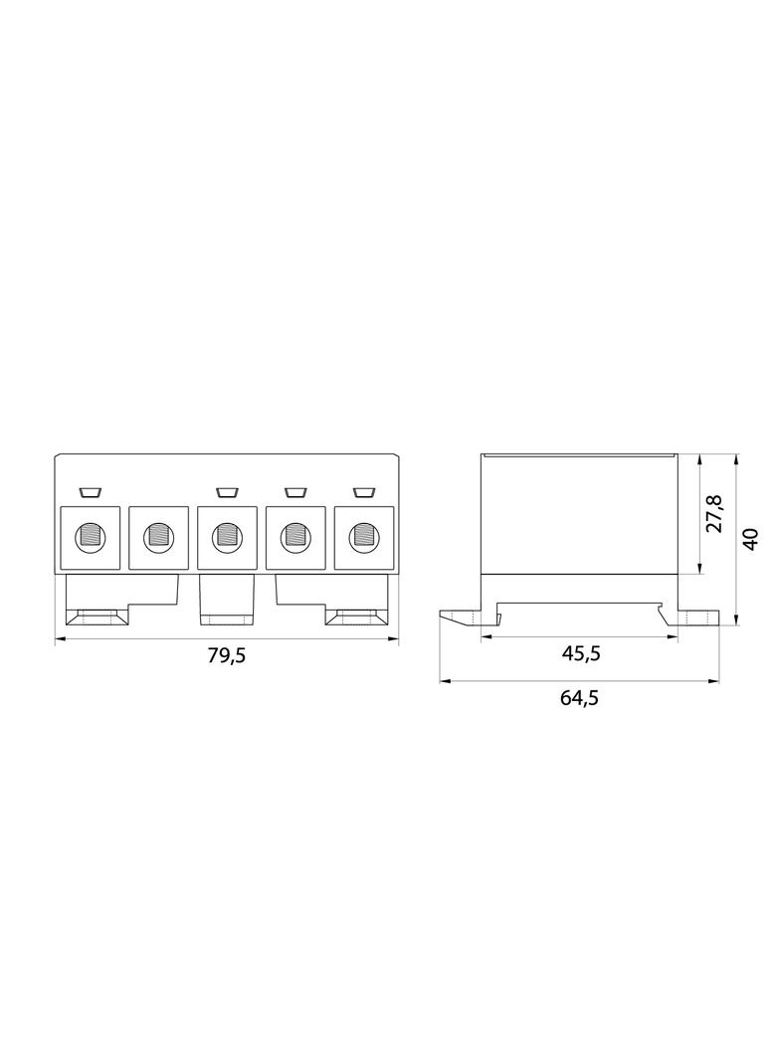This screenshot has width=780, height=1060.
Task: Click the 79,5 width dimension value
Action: (x=226, y=655)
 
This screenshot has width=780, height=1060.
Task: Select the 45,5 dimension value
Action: (x=580, y=653)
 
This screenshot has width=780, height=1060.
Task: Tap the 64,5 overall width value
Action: (x=578, y=697)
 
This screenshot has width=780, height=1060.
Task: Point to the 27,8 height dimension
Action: (x=715, y=514)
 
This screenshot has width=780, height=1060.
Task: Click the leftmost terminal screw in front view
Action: (x=90, y=537)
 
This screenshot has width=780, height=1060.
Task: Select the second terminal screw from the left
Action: (x=157, y=537)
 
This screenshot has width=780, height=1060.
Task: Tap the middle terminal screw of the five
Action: (x=226, y=537)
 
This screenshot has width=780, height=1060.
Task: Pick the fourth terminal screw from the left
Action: (x=294, y=537)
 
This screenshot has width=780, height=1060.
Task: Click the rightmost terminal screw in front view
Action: (x=363, y=537)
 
